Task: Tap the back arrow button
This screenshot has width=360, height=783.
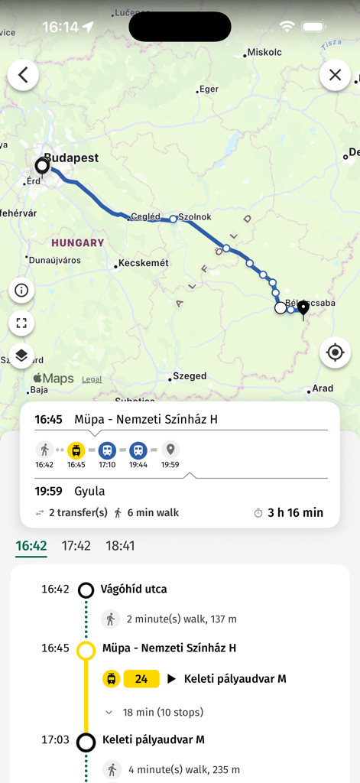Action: point(23,75)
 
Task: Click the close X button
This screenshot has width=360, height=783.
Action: point(335,75)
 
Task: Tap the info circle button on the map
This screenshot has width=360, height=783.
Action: point(21,291)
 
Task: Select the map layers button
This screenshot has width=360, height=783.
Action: point(21,355)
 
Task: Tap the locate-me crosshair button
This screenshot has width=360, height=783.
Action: point(335,353)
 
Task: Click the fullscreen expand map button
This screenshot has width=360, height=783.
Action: point(21,323)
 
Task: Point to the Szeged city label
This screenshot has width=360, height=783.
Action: point(190,376)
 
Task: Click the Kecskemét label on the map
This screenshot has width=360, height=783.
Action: point(144,263)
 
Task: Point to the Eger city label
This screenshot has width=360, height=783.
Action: point(208,89)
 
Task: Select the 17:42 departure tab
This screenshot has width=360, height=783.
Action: point(76,546)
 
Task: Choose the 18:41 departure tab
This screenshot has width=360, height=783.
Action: point(120,546)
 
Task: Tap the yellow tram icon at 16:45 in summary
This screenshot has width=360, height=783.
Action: point(76,450)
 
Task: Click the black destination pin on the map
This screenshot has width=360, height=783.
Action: point(303,307)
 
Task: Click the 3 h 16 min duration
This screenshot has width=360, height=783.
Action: point(295,512)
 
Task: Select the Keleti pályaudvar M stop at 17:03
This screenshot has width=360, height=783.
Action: point(153,739)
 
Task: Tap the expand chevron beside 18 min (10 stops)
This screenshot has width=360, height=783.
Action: point(109,712)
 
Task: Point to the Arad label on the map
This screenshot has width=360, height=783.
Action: point(323,388)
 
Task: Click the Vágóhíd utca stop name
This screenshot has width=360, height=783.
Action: point(134,590)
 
